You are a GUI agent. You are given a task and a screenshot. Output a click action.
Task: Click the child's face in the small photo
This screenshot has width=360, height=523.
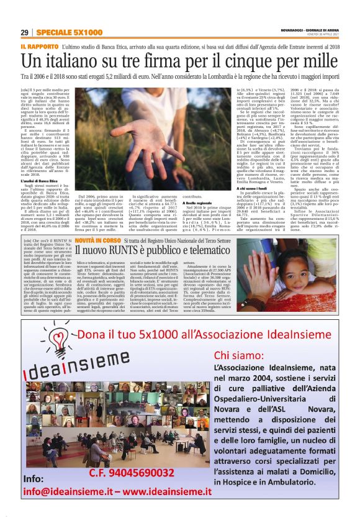(308, 261)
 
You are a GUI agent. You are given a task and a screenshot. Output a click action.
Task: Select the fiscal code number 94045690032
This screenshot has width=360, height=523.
(148, 473)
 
